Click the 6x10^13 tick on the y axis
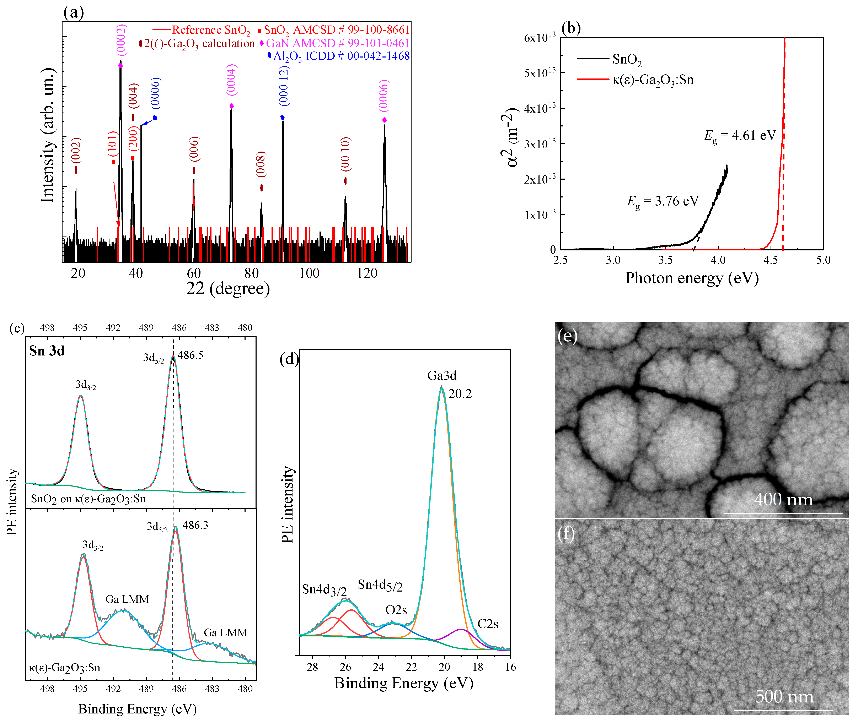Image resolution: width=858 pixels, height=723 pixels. pos(540,38)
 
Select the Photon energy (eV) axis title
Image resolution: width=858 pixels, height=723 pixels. pos(692,278)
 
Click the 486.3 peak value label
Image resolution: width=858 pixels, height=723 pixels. pos(195,526)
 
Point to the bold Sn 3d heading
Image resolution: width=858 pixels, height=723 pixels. pos(47,351)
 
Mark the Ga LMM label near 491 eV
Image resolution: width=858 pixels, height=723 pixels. pos(127,599)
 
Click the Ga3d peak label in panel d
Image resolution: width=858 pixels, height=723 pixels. pos(442,375)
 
